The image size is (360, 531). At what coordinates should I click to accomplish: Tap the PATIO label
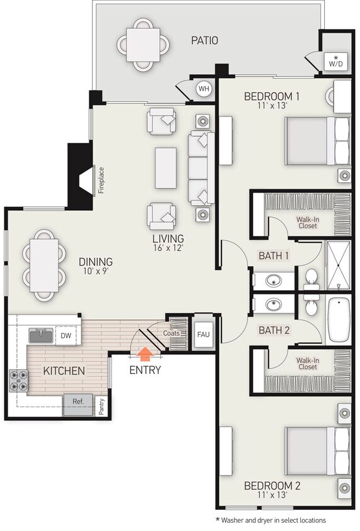pos(205,41)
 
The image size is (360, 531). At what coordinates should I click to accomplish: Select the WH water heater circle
pos(204,89)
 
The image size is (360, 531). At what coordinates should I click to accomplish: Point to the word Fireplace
pos(101,180)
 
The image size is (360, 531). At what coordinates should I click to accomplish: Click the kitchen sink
pos(41,335)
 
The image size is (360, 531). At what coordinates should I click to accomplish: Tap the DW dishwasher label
pos(66,335)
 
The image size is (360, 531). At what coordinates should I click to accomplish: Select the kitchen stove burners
pos(19,381)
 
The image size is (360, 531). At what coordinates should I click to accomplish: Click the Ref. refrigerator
pos(78,405)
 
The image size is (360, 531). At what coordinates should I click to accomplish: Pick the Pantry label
pos(101,406)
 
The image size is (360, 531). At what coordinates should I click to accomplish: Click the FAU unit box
pos(203,335)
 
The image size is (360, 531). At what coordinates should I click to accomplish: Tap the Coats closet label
pos(171,333)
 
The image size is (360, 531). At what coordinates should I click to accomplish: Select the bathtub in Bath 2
pos(339,320)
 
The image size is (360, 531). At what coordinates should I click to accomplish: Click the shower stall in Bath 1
pos(338,265)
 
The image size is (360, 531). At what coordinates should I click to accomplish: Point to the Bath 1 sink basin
pos(274,281)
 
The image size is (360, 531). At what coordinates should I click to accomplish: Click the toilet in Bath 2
pos(311,306)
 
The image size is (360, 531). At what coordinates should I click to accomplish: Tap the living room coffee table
pos(166,168)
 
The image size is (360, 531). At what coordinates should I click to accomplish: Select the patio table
pos(143,45)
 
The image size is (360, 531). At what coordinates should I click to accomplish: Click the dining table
pos(44,265)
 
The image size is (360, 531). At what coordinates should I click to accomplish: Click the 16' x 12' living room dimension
pos(168,248)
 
